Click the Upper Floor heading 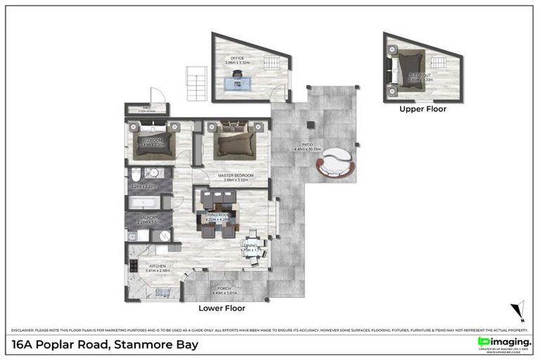point(423,109)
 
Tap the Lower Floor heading point(221,307)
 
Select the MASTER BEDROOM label point(233,175)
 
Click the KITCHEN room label point(157,266)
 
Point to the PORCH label point(224,289)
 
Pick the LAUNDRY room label point(148,218)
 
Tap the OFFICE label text point(233,59)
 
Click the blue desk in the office point(239,82)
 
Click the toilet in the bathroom point(136,174)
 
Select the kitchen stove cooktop point(132,266)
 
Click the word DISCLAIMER point(22,329)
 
